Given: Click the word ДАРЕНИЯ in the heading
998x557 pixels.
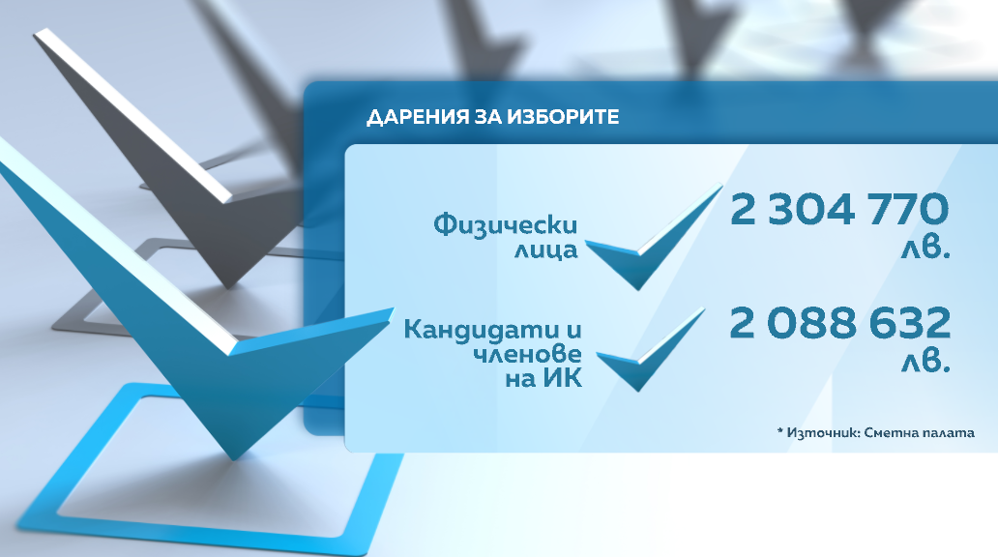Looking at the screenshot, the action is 418,117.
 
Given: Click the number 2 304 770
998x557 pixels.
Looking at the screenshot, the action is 838,210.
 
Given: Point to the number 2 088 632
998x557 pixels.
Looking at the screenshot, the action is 839,322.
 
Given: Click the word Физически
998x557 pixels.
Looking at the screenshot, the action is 506,224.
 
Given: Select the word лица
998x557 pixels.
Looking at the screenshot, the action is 546,249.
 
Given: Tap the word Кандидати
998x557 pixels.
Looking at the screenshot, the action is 485,330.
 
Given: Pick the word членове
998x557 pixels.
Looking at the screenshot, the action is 527,354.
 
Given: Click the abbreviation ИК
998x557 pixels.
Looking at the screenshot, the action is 563,379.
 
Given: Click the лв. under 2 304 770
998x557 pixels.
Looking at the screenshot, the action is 925,249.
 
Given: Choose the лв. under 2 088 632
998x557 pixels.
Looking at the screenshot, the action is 925,362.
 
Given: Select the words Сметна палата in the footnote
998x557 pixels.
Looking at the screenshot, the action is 919,433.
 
